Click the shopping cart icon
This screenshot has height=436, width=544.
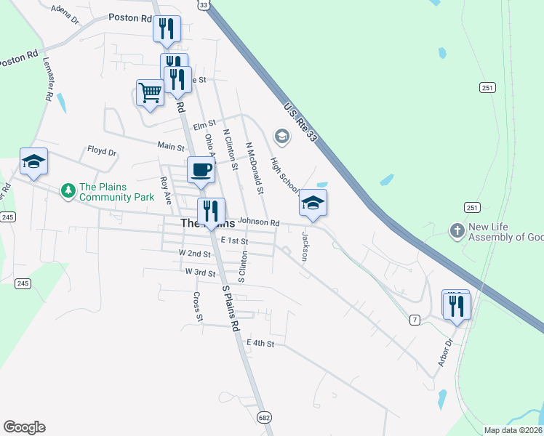[x=150, y=93]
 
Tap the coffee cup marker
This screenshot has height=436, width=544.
[x=201, y=170]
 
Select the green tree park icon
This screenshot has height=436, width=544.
[x=68, y=191]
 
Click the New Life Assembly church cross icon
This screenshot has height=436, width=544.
[x=457, y=231]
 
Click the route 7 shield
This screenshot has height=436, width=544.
[x=415, y=320]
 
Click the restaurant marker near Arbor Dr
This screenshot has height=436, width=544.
[x=457, y=305]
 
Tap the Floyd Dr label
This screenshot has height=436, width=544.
[x=102, y=152]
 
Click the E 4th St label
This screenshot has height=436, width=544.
[x=260, y=343]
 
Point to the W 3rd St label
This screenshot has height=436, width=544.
[x=200, y=272]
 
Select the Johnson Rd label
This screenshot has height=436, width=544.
[x=258, y=222]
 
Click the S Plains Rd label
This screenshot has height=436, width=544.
[x=231, y=309]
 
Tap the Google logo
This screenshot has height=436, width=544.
[x=24, y=427]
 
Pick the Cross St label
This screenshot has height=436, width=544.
[x=197, y=307]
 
